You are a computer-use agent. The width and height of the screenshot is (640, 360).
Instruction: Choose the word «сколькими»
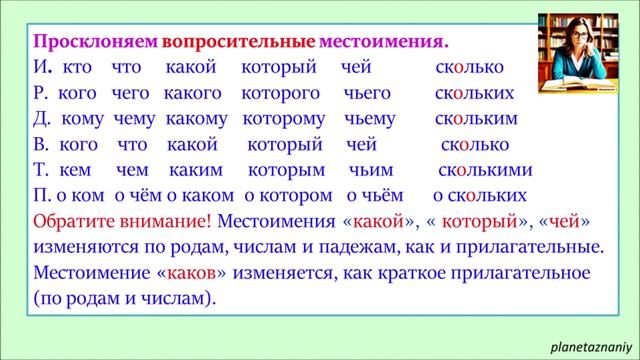[x=486, y=169]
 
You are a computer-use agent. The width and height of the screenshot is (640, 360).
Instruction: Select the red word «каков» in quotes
[x=191, y=272]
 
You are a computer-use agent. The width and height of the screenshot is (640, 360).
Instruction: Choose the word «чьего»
[x=365, y=94]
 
